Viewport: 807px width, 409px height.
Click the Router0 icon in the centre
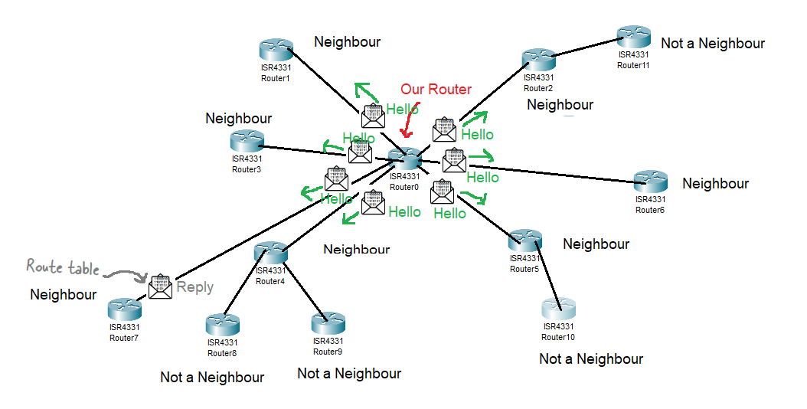point(404,159)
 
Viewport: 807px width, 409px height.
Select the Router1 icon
point(276,51)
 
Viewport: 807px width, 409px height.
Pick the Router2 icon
point(539,59)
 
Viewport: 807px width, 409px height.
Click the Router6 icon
point(650,182)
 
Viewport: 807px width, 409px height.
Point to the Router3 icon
point(247,141)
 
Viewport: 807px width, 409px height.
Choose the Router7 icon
point(124,309)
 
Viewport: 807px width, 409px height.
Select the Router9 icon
point(328,323)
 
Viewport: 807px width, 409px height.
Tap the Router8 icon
point(222,325)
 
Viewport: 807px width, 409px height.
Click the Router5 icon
point(525,240)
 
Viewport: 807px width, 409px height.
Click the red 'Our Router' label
point(436,90)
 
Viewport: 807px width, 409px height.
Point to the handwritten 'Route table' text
point(63,267)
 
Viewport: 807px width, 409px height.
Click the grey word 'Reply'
point(194,287)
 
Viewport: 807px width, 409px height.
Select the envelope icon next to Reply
point(161,286)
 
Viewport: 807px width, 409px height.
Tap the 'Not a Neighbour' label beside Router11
point(713,44)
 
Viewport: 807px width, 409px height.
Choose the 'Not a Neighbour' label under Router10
point(591,358)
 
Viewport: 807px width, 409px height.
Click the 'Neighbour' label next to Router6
point(715,184)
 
